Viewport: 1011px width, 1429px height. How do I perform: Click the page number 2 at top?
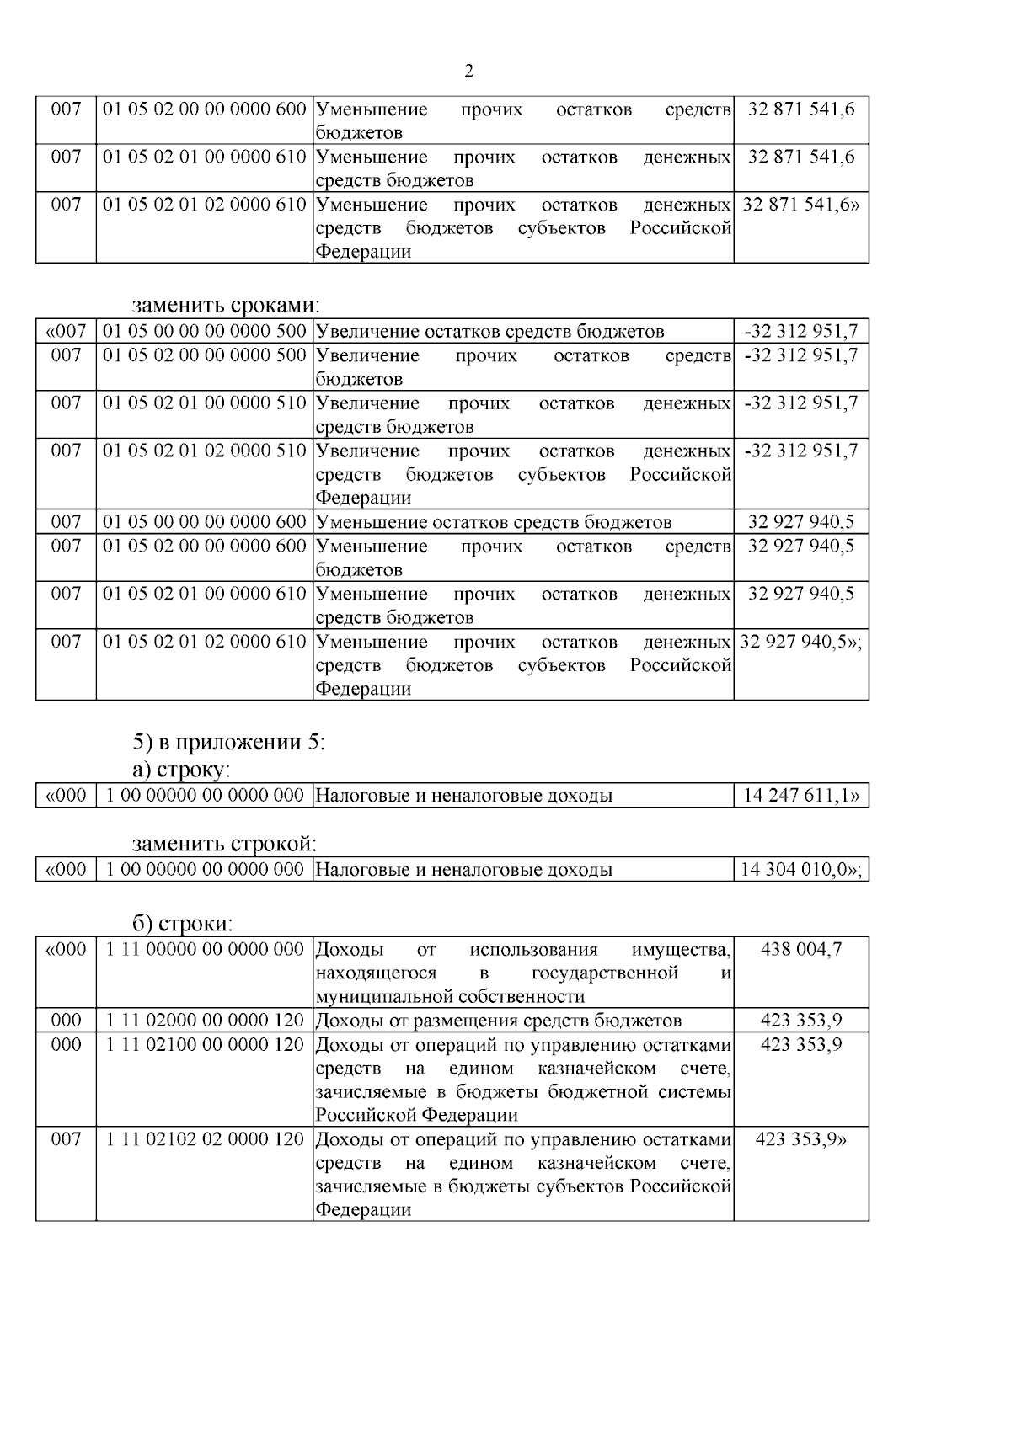469,71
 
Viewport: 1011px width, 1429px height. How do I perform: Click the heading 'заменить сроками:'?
227,305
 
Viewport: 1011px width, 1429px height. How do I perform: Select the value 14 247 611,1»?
800,796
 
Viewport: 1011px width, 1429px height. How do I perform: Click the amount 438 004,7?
800,949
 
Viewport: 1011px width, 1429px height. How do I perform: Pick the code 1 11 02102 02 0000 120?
204,1139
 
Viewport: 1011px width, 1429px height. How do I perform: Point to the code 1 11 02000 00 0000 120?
204,1021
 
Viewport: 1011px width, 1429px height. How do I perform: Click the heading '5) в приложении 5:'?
228,743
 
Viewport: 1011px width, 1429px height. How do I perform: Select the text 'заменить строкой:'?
224,844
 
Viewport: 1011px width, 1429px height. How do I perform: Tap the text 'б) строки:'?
182,924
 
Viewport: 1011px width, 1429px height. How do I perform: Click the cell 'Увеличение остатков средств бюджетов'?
489,332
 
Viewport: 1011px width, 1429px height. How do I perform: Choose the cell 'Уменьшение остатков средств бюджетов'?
494,522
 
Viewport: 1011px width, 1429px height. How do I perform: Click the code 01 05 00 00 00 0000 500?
204,331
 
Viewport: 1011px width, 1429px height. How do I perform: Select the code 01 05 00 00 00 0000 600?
204,522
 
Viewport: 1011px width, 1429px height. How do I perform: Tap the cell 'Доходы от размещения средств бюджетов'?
498,1021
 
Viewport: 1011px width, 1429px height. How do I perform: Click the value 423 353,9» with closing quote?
800,1139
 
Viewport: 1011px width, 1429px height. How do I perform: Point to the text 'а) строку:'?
181,770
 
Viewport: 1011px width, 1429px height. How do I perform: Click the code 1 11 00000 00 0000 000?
204,949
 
